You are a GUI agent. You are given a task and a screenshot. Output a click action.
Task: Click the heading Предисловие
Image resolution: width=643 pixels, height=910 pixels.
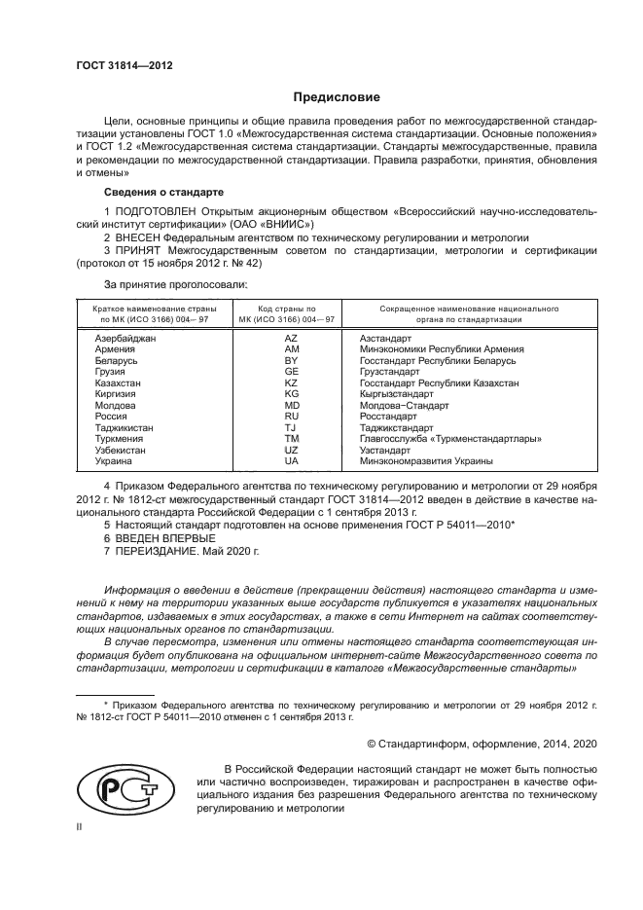pos(337,97)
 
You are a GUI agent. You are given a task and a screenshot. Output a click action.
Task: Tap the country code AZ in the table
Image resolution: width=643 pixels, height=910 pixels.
pos(290,337)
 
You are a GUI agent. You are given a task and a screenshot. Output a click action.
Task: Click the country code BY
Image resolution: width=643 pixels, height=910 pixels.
pos(290,360)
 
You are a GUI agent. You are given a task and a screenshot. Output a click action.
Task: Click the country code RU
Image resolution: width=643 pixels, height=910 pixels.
pos(290,416)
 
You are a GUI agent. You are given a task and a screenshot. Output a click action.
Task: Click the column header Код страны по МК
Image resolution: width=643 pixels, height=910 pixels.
pos(290,312)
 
